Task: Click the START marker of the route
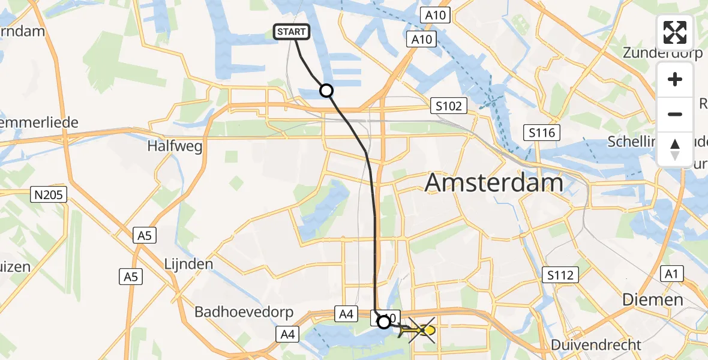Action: click(x=292, y=32)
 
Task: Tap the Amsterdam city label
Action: click(x=494, y=182)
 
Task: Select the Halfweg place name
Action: click(x=175, y=146)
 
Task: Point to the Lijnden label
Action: click(x=189, y=264)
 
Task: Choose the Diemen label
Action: click(x=653, y=299)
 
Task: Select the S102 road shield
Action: click(x=449, y=106)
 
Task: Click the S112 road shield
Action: click(x=560, y=275)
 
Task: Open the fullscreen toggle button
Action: click(x=675, y=32)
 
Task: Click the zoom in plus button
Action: click(x=675, y=80)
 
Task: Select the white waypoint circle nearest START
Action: click(x=326, y=91)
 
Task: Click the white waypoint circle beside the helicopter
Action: click(x=383, y=322)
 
